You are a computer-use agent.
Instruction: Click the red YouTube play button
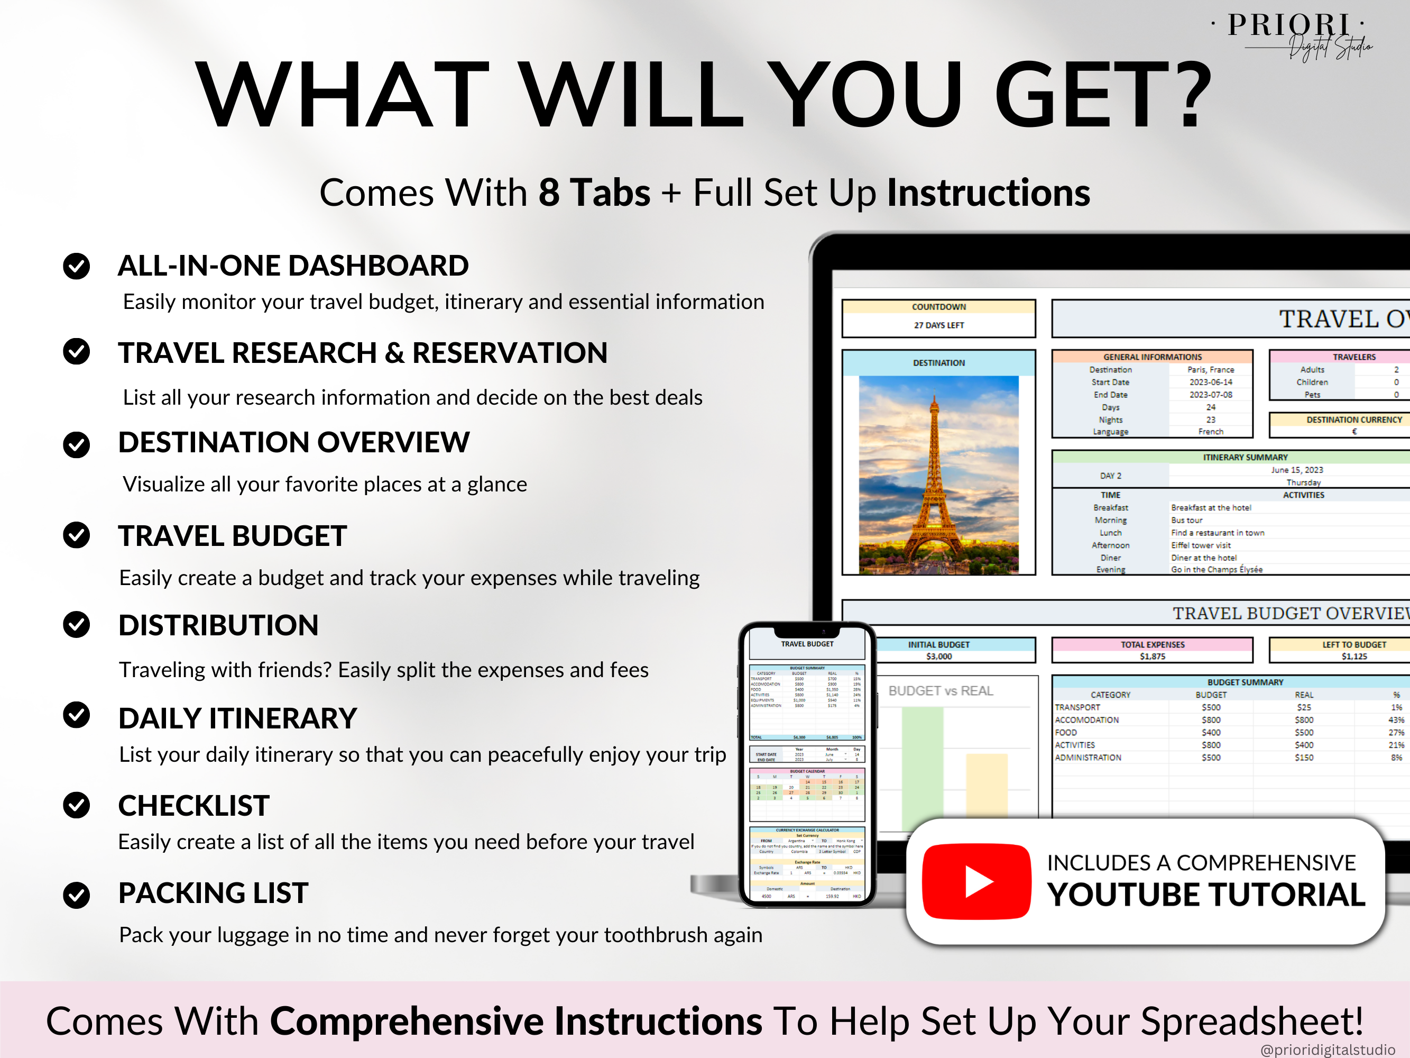coord(976,881)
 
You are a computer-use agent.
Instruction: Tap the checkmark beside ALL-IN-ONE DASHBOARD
coord(77,266)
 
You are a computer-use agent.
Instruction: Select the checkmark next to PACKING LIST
coord(77,895)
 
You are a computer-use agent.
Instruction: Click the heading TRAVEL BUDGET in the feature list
coord(232,536)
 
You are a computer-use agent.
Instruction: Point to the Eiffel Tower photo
coord(938,475)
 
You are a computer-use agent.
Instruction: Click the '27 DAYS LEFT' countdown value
coord(939,325)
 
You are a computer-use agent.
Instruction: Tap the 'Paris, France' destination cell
coord(1211,370)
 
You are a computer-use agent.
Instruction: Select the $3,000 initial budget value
coord(939,656)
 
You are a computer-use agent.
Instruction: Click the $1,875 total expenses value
coord(1153,656)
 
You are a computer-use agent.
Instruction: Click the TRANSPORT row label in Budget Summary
coord(1077,707)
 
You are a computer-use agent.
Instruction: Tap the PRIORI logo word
coord(1288,25)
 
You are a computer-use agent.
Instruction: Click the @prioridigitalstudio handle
coord(1328,1050)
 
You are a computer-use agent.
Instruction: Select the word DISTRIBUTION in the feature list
coord(218,625)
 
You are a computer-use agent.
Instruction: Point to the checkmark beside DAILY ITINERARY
coord(77,715)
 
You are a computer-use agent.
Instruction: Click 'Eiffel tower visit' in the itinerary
coord(1201,545)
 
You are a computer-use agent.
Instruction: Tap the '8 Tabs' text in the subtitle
coord(594,193)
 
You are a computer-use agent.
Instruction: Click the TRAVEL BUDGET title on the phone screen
coord(807,644)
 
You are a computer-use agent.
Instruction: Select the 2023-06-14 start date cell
coord(1211,382)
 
